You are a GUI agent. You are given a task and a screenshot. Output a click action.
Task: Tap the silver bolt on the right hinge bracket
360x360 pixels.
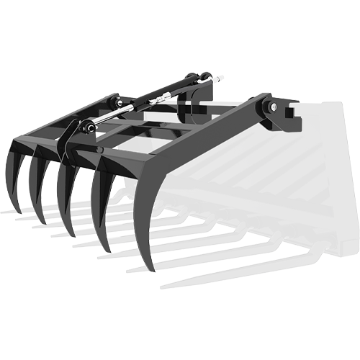pyautogui.click(x=274, y=109)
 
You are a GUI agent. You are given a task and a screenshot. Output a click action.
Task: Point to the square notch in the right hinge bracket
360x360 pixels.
pyautogui.click(x=292, y=112)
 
